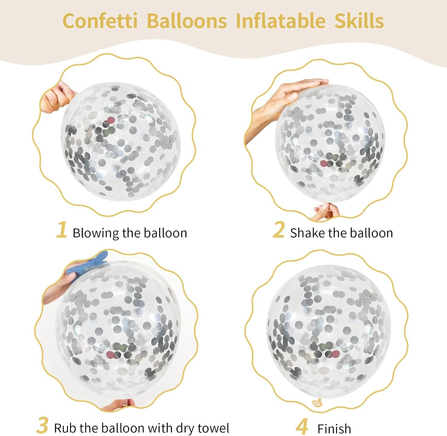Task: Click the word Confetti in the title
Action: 100,21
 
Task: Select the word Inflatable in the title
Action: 281,21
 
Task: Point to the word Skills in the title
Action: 359,21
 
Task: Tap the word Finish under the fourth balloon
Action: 334,428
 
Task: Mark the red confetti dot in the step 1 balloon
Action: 111,120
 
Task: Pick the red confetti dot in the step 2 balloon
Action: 324,163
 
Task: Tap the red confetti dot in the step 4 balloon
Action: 336,354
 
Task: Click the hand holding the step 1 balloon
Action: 57,98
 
